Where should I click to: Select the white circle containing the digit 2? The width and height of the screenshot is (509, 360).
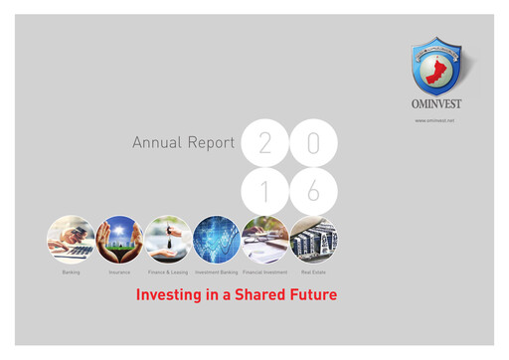coord(264,143)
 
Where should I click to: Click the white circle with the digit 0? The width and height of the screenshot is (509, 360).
coord(313,143)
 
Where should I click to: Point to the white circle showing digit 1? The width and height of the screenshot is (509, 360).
coord(264,191)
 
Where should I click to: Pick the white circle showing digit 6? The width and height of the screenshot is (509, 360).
coord(313,191)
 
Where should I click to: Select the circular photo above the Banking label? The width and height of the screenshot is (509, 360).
coord(71,240)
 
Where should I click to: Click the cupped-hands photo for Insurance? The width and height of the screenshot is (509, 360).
coord(119,240)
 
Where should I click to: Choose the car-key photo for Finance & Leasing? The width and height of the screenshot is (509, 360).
coord(168,240)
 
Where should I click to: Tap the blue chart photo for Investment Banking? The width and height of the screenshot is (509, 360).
coord(217,240)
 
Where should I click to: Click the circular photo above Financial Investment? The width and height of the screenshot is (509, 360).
coord(265,240)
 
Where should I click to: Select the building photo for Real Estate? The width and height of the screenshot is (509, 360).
coord(314,240)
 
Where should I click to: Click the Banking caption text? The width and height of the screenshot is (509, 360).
coord(71,271)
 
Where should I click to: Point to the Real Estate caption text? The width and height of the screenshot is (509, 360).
coord(314,271)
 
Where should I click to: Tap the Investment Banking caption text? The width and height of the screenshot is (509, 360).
coord(216,271)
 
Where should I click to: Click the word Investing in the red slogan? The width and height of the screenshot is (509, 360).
coord(168,295)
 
